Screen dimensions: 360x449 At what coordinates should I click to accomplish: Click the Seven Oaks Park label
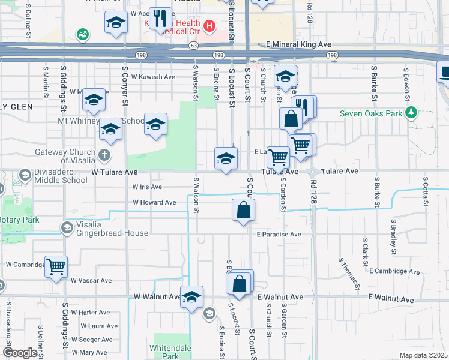pos(372,113)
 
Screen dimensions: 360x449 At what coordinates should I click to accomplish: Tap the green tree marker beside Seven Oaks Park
pos(411,112)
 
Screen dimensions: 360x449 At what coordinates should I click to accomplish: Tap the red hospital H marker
pos(209,26)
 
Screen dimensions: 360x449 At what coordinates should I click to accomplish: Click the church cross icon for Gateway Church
pos(104,156)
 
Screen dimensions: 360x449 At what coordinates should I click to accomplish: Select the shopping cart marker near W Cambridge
pos(56,266)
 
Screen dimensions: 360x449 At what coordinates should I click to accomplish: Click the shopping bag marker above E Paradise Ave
pos(244,211)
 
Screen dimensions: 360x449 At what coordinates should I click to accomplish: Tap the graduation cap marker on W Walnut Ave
pos(191,297)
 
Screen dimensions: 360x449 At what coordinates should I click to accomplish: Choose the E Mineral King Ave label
pos(298,44)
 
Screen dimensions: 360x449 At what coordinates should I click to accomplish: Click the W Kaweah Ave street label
pos(153,77)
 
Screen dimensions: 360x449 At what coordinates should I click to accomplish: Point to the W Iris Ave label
pos(147,187)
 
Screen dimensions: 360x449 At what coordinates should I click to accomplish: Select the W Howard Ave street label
pos(154,202)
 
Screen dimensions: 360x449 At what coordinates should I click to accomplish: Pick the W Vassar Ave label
pos(91,280)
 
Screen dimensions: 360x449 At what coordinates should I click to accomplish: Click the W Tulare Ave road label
pos(115,172)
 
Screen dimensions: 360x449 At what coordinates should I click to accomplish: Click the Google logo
pos(20,353)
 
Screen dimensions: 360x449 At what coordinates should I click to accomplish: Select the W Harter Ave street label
pos(91,312)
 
